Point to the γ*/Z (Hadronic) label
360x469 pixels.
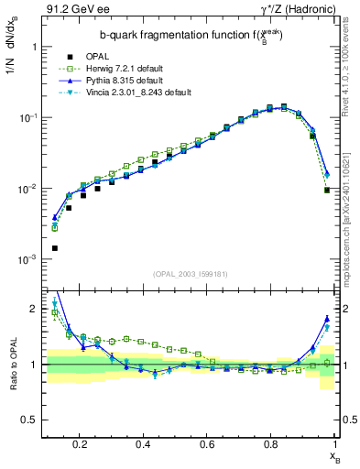click(x=298, y=10)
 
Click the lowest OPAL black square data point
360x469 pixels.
click(x=54, y=248)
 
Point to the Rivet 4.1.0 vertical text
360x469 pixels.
click(x=349, y=65)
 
